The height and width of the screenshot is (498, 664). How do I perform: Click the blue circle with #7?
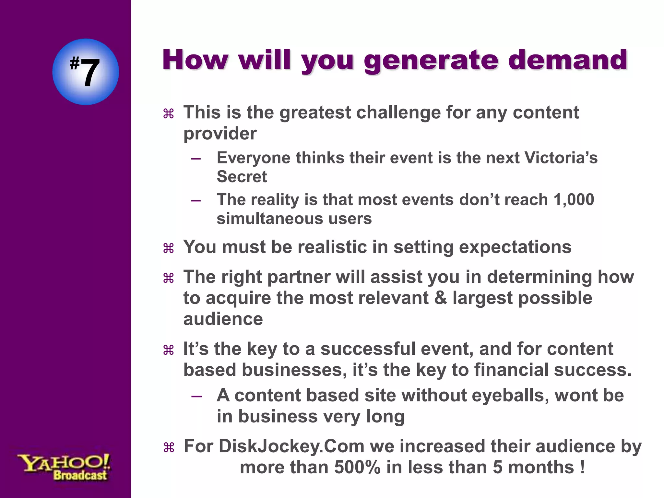[86, 72]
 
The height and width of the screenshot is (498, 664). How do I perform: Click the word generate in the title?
[431, 61]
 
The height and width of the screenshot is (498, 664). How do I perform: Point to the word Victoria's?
[561, 158]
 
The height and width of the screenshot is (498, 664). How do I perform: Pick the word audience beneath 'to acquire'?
[223, 319]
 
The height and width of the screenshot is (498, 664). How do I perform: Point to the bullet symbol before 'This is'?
[169, 114]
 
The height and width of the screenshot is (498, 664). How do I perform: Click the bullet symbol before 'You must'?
[169, 249]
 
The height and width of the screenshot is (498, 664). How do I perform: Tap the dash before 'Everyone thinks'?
[196, 159]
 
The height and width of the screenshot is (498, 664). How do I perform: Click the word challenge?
[398, 113]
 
